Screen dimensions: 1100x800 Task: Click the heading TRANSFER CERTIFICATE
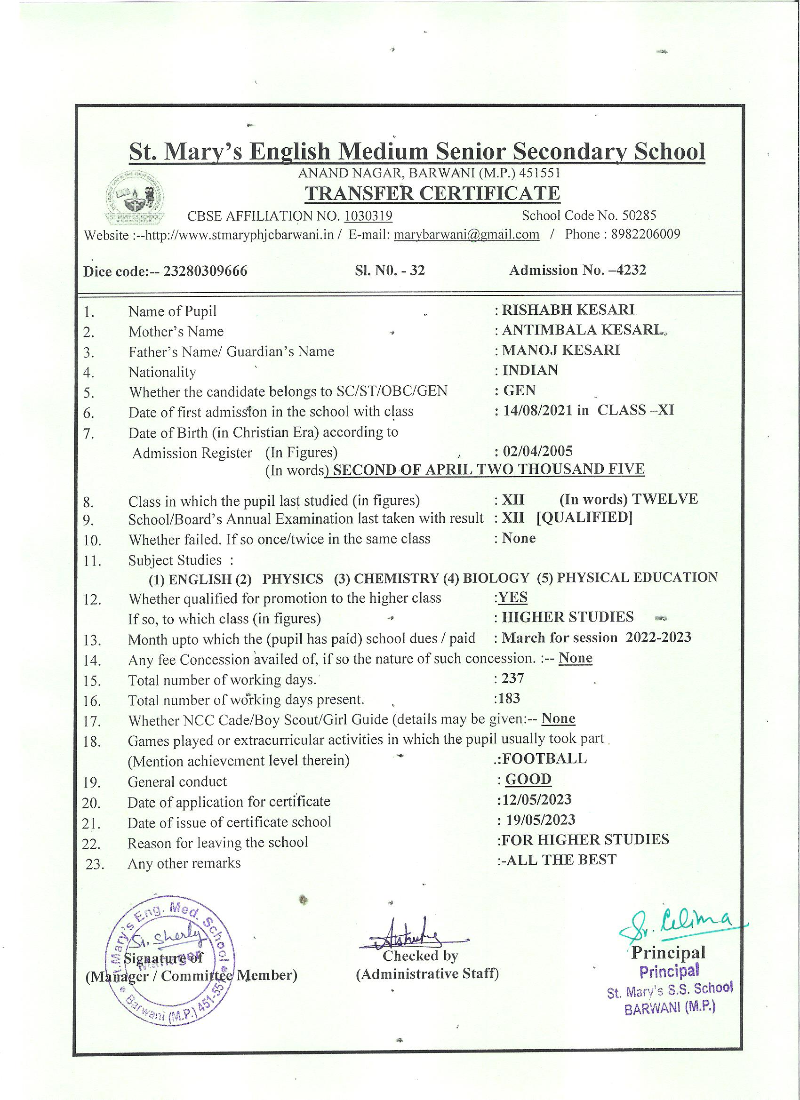pos(432,193)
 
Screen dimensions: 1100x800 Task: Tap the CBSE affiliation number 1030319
pos(368,216)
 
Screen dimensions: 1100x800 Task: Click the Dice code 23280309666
pos(205,271)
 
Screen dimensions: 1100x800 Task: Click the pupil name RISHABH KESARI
pos(568,310)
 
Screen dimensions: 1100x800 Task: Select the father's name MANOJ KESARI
pos(561,350)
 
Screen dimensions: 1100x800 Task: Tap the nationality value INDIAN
pos(530,370)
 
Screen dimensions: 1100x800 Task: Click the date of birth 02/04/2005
pos(537,452)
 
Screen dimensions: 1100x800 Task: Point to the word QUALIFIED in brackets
pos(584,518)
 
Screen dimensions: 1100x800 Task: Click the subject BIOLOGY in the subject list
pos(496,578)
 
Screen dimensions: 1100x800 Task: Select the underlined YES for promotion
pos(513,597)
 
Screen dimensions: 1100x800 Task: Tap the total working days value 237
pos(513,678)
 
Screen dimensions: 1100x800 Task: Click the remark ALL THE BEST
pos(561,860)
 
